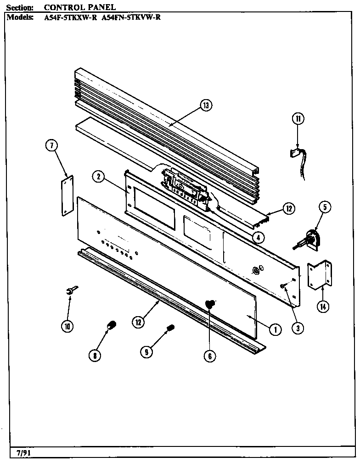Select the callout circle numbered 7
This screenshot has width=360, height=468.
[x=51, y=146]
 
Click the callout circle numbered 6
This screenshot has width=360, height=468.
[x=209, y=356]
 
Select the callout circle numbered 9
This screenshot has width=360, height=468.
[x=147, y=352]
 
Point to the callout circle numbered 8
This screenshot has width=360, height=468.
[x=96, y=355]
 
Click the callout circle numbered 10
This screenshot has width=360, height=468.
[x=67, y=326]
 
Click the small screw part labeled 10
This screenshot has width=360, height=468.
[x=72, y=290]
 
